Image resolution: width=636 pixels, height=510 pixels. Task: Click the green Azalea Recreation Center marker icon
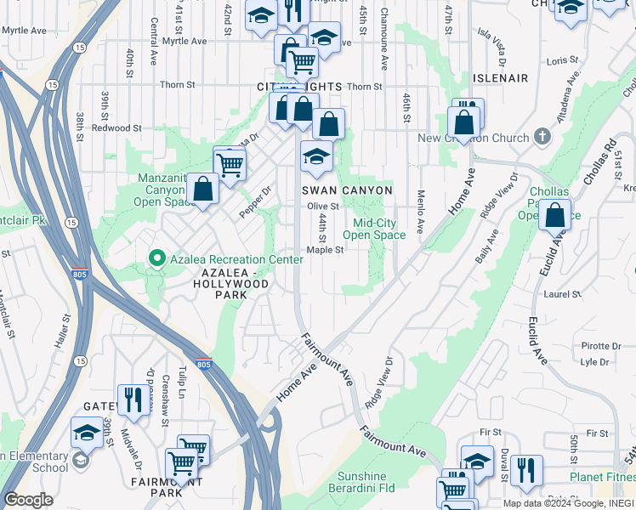coord(156,257)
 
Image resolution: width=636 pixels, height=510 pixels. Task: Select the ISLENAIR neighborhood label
coord(501,78)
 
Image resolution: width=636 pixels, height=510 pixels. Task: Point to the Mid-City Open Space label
coord(379,229)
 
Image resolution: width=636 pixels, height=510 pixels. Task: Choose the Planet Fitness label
coord(601,477)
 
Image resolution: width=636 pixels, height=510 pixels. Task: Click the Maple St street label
coord(325,250)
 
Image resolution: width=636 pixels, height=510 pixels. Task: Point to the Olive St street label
coord(323,207)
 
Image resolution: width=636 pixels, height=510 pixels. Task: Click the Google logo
coord(29,500)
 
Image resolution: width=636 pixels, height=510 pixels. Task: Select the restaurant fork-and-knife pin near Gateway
coord(133,399)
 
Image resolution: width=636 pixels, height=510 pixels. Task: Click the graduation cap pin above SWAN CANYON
coord(315,156)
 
